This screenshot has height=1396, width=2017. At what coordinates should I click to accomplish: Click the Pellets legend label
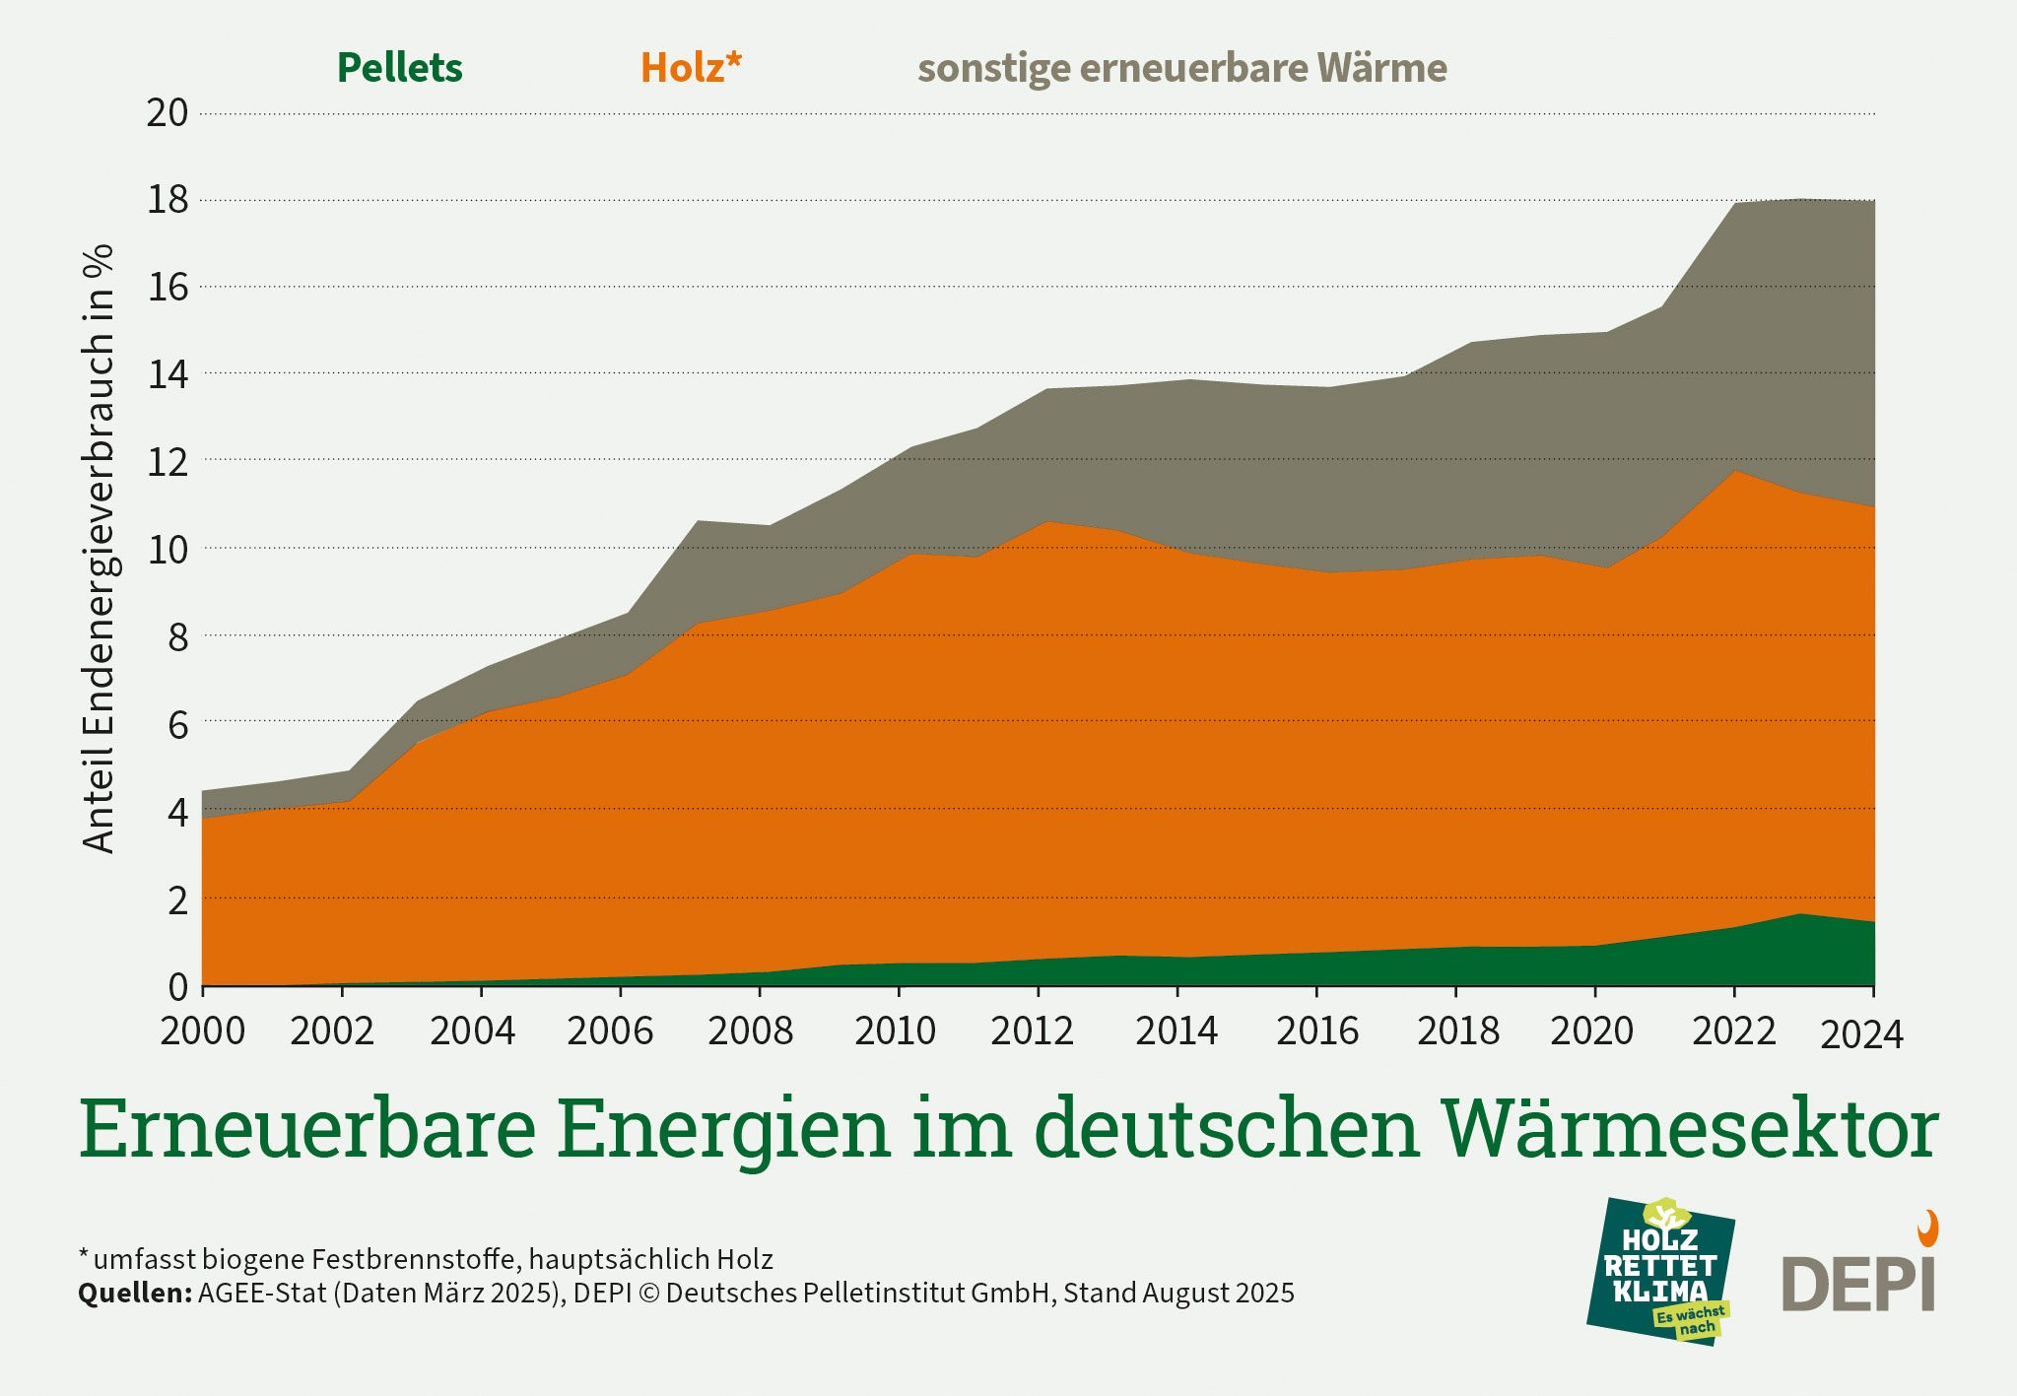point(399,68)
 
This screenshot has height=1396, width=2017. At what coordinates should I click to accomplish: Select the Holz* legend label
point(690,68)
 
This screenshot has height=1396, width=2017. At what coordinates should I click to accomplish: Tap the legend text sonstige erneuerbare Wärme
point(1181,69)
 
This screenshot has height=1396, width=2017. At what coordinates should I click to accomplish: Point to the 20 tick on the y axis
point(167,112)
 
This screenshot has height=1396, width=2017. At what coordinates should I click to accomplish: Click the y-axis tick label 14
point(167,374)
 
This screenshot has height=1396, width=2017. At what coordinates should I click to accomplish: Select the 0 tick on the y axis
point(178,986)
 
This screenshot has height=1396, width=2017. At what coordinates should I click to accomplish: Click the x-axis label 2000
point(203,1031)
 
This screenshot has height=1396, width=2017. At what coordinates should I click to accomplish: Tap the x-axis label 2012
point(1032,1031)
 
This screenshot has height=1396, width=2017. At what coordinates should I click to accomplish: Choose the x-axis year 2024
point(1861,1035)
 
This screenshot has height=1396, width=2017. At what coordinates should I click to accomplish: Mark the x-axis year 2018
point(1457,1031)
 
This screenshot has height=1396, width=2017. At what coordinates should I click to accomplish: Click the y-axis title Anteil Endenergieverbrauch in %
point(99,548)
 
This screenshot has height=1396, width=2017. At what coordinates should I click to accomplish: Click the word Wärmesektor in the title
point(1689,1129)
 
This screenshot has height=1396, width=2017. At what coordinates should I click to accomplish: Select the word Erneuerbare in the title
point(306,1129)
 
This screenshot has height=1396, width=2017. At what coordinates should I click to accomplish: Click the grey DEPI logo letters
point(1857,1285)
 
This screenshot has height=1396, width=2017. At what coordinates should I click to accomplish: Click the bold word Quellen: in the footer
point(135,1293)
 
